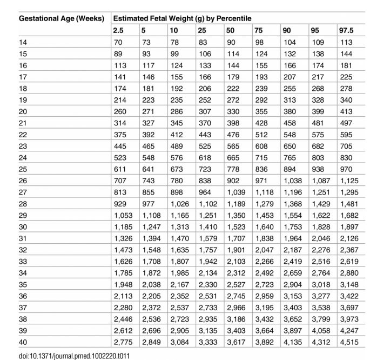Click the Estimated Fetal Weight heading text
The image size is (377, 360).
pyautogui.click(x=182, y=18)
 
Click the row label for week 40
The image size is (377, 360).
pyautogui.click(x=23, y=342)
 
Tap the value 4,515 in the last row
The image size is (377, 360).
pyautogui.click(x=349, y=342)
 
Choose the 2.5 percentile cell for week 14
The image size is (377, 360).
pyautogui.click(x=118, y=42)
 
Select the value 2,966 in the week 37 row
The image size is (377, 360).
pyautogui.click(x=237, y=307)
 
